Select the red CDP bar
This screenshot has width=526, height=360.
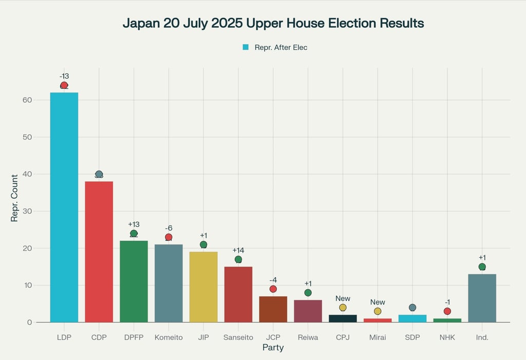(x=99, y=252)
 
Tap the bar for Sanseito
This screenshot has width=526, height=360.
(x=238, y=294)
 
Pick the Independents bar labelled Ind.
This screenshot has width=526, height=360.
(x=482, y=298)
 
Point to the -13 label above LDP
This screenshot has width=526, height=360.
(x=64, y=76)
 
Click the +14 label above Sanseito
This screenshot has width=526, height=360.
(x=238, y=250)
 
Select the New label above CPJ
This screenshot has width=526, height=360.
(x=343, y=298)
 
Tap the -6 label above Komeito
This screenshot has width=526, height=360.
(x=168, y=228)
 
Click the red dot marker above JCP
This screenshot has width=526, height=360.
(x=273, y=289)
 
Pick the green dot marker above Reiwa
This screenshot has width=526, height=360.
(x=308, y=293)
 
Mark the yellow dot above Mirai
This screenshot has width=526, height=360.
(x=378, y=311)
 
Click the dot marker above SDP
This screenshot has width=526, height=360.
(x=412, y=308)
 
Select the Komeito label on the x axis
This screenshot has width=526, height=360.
(x=168, y=337)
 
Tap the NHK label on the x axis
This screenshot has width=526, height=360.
(x=447, y=337)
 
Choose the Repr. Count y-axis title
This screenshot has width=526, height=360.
(x=14, y=198)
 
